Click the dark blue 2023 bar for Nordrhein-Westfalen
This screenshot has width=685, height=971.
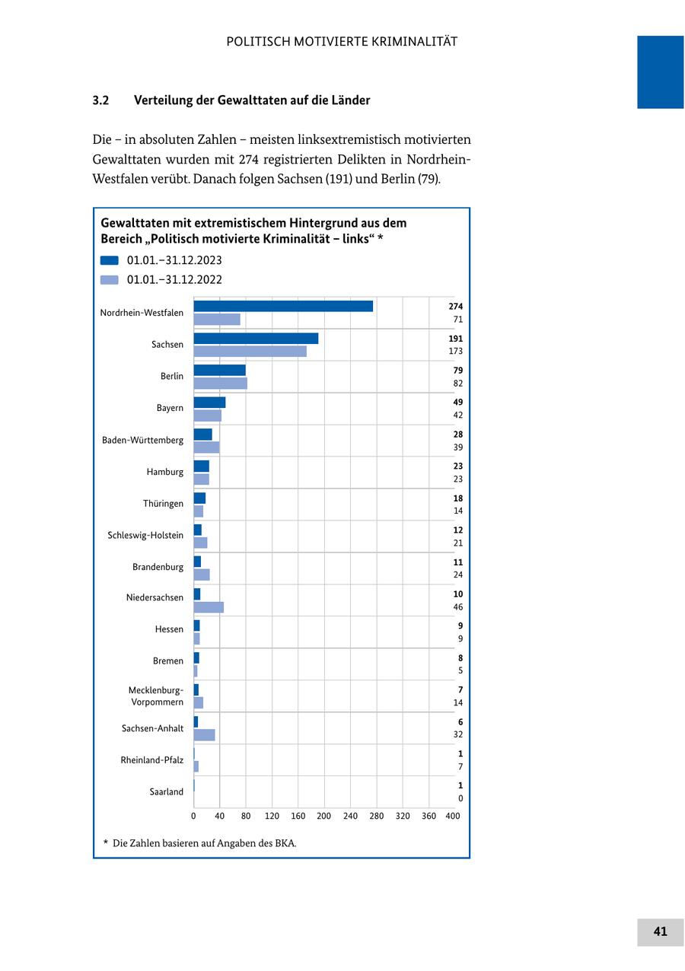(283, 306)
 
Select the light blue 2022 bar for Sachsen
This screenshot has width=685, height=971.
(250, 352)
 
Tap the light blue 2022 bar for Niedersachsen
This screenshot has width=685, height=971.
(209, 607)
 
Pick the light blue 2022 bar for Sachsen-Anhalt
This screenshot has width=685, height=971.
(204, 735)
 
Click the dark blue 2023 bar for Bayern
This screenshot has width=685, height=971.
(209, 403)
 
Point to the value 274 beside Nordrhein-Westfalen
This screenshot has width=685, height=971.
(456, 307)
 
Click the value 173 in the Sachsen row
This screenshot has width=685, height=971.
(456, 352)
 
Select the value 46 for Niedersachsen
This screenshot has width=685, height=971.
(457, 607)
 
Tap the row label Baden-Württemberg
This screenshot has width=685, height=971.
(142, 441)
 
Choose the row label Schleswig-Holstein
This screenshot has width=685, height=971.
(145, 536)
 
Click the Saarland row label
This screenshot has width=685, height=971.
(166, 792)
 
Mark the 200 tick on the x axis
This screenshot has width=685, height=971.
(324, 817)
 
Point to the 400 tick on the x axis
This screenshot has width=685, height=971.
(453, 817)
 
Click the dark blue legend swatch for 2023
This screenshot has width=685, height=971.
(110, 260)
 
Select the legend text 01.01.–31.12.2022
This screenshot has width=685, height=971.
(174, 280)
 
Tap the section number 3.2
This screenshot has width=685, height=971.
(101, 100)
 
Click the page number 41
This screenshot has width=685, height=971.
(660, 932)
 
